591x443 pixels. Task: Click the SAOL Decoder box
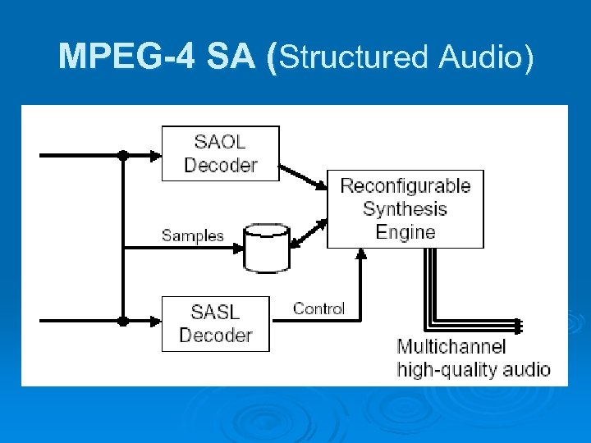(220, 153)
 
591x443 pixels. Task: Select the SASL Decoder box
(215, 323)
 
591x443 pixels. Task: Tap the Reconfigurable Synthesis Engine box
(405, 208)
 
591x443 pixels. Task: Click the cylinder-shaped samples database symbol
(267, 248)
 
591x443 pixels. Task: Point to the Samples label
(192, 235)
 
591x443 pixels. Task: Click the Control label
(318, 308)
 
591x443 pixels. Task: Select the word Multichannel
(451, 347)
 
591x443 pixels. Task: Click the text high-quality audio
(474, 369)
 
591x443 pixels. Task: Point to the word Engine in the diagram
(405, 232)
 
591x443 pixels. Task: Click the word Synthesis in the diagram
(405, 208)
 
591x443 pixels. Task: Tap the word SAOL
(221, 141)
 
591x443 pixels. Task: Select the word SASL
(216, 312)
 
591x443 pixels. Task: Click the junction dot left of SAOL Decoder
(122, 153)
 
